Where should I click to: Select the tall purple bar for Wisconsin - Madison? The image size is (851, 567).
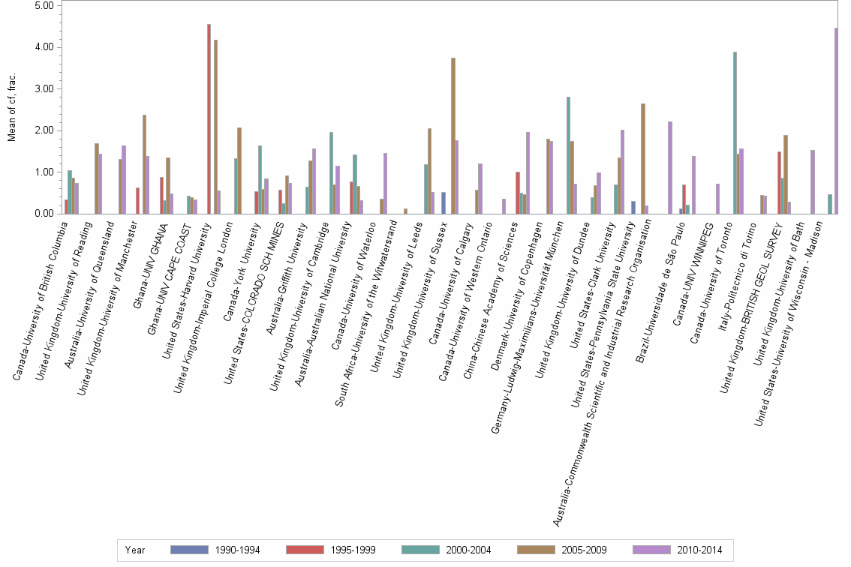[836, 121]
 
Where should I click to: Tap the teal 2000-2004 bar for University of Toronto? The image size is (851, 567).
[735, 133]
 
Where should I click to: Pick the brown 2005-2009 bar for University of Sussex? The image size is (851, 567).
[453, 136]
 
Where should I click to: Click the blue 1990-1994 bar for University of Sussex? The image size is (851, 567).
[444, 202]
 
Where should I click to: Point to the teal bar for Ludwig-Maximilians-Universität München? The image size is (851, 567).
[568, 155]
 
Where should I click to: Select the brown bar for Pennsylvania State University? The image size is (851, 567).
[643, 158]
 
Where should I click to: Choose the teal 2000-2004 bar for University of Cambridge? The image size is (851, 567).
[331, 172]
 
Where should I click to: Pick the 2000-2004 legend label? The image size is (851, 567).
[468, 550]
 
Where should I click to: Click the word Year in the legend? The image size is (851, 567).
[136, 550]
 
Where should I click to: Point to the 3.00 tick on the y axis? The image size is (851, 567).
[44, 88]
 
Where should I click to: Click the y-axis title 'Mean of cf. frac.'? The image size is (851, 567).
[11, 109]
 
